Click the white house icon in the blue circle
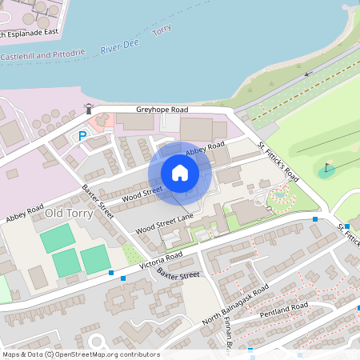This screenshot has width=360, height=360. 179,173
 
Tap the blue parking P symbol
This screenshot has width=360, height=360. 82,136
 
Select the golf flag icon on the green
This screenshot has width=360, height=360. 328,170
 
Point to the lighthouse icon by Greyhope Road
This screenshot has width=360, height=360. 90,109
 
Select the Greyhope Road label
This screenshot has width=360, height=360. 162,110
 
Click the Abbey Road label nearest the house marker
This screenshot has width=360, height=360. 206,150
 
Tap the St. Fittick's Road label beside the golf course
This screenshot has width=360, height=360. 278,162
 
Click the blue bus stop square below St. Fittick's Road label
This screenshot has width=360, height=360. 315,218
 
